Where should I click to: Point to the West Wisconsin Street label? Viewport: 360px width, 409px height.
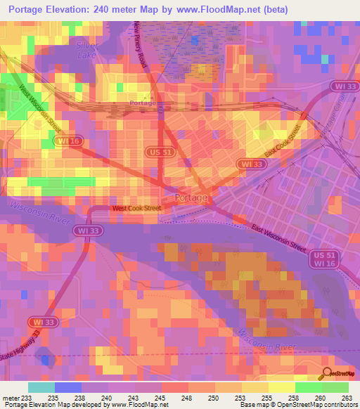tap(40, 110)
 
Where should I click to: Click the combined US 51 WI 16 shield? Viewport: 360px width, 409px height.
tap(320, 260)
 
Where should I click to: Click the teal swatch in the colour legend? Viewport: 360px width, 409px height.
tap(41, 387)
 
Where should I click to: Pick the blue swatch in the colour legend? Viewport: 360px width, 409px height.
tap(68, 387)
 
